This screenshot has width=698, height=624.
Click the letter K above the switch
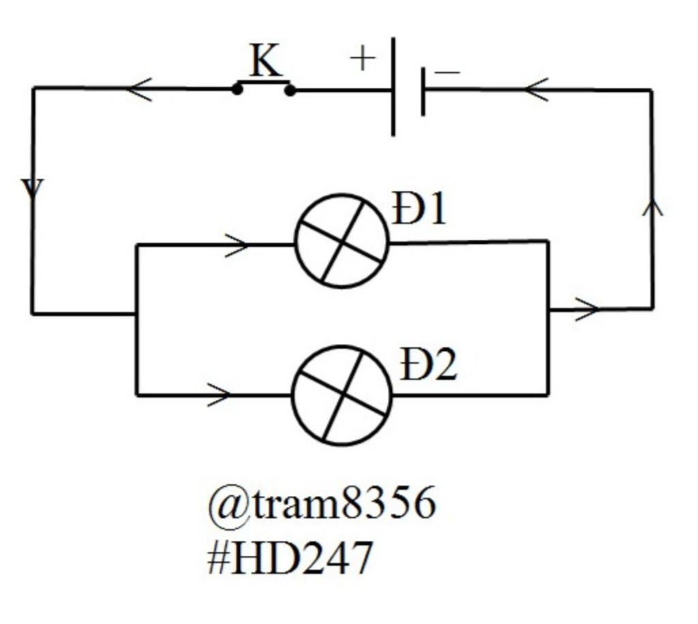pos(264,61)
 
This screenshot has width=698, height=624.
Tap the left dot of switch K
pos(237,89)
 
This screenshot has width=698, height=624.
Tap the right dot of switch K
pos(290,90)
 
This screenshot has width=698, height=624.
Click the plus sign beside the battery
pos(363,59)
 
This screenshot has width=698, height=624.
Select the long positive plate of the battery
pos(393,87)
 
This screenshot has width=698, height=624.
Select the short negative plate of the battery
pos(423,91)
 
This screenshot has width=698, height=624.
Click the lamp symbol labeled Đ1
pos(342,241)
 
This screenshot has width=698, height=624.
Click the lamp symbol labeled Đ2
pos(342,395)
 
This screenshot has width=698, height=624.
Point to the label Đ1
pos(419,209)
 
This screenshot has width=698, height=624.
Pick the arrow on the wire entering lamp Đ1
pos(237,245)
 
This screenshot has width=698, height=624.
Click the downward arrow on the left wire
pos(32,189)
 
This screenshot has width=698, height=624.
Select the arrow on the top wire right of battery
pos(536,89)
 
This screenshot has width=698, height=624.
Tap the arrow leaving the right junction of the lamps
pos(586,309)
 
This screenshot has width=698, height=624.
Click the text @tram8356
pos(321,505)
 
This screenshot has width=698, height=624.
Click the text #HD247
pos(290,558)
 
